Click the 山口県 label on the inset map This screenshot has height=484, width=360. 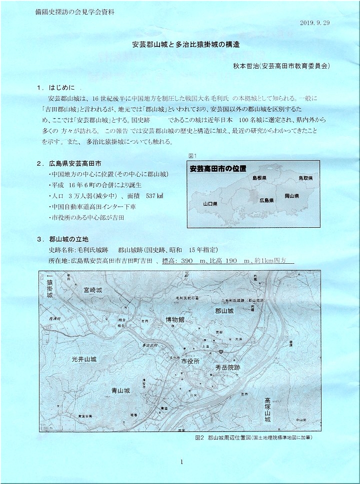point(208,204)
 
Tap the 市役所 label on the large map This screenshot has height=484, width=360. point(190,361)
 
